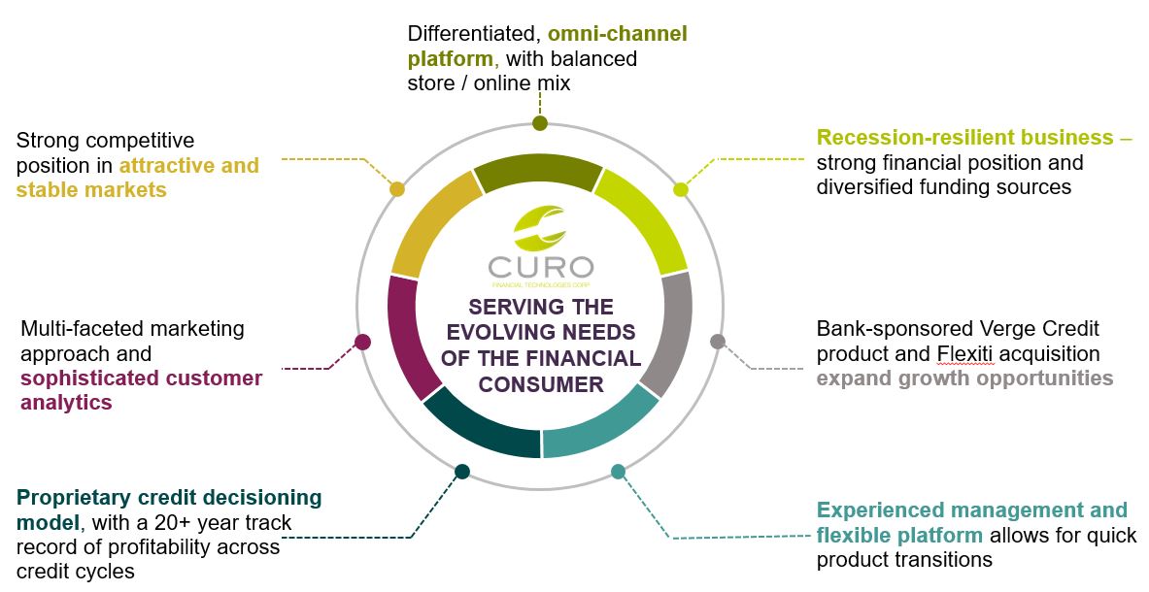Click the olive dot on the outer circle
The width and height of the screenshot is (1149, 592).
(x=540, y=123)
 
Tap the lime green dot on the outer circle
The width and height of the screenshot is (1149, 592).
(x=681, y=189)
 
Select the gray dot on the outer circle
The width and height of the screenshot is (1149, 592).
(x=718, y=341)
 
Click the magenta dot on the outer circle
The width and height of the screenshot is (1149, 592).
(x=362, y=342)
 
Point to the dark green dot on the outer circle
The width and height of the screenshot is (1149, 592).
(x=462, y=472)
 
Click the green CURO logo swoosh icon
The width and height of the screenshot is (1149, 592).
(x=540, y=229)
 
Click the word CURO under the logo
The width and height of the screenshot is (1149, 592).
(x=541, y=267)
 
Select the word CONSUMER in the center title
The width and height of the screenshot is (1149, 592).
(x=541, y=384)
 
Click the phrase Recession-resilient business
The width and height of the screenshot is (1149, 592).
(x=964, y=137)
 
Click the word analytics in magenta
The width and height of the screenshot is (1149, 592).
(x=66, y=402)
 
